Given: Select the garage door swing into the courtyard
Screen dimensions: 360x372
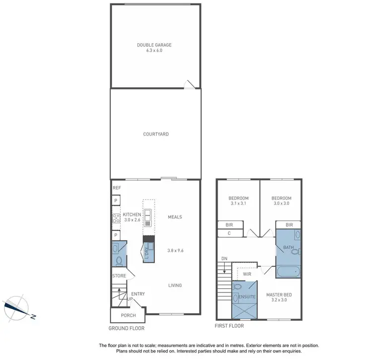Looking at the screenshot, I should click(x=189, y=85).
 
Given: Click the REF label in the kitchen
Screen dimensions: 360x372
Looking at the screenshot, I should click(x=117, y=188).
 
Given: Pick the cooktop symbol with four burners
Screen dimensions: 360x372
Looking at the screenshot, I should click(x=116, y=217).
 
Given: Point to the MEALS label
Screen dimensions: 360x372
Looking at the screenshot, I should click(x=175, y=217).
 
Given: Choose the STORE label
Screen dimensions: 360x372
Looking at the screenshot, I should click(x=120, y=276).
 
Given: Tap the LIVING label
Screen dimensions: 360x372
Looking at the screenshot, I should click(x=175, y=286).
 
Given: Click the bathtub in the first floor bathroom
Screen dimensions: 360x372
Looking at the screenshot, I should click(x=288, y=272).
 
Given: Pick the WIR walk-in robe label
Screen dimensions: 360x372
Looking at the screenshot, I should click(x=247, y=274).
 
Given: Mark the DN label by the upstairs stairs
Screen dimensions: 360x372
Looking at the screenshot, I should click(x=224, y=259).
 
